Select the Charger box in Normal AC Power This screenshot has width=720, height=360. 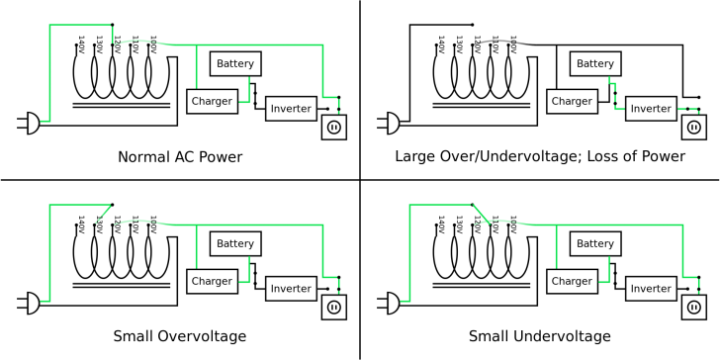click(x=210, y=100)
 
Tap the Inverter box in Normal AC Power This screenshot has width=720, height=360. click(x=290, y=108)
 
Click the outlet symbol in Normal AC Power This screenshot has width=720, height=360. click(x=333, y=127)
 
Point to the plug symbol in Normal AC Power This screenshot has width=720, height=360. click(x=29, y=124)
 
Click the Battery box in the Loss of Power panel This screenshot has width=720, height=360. click(x=595, y=63)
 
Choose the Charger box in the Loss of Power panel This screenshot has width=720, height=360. click(x=571, y=100)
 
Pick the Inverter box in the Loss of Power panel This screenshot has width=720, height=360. click(x=650, y=108)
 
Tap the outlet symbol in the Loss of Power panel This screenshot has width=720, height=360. click(x=693, y=127)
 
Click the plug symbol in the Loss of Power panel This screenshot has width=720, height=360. click(x=390, y=124)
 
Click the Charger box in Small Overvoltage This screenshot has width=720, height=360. click(x=210, y=281)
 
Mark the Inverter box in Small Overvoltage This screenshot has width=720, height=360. click(x=290, y=289)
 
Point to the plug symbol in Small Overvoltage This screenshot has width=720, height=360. click(x=29, y=304)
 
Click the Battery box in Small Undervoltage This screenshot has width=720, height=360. click(x=595, y=243)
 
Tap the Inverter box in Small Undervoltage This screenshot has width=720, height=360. click(x=650, y=289)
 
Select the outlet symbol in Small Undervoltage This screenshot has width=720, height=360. click(x=693, y=308)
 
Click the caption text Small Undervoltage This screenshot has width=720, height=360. click(x=539, y=336)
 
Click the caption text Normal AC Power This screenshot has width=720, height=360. click(x=180, y=156)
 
